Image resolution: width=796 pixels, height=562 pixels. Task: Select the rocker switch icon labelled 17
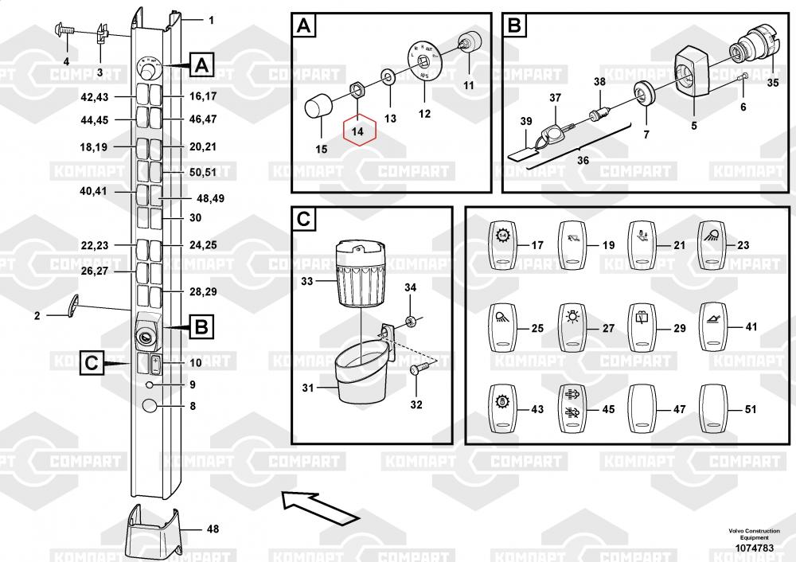click(x=502, y=245)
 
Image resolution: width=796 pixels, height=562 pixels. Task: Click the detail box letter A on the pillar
click(x=202, y=65)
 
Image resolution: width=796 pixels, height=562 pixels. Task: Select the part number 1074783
click(x=753, y=548)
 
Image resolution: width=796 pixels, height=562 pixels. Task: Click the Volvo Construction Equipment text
click(x=753, y=533)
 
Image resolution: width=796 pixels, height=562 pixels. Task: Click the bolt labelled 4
click(x=63, y=31)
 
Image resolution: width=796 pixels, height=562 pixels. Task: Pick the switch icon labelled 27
click(x=571, y=327)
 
